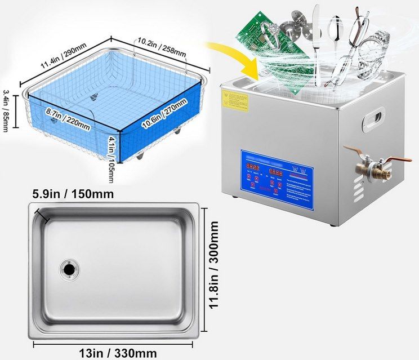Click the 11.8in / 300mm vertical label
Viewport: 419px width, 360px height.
coord(213,269)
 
